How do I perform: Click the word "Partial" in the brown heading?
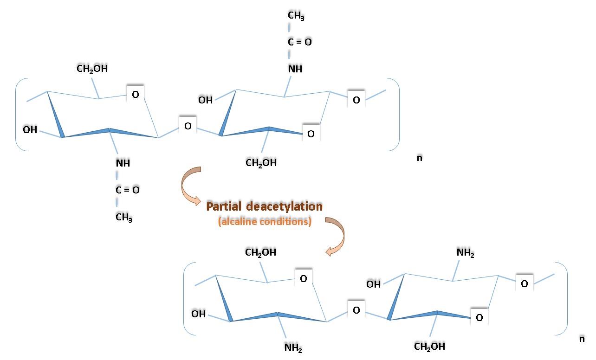point(224,206)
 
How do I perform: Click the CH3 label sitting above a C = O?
point(296,15)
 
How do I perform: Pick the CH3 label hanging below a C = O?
point(124,217)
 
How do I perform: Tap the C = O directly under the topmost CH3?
point(299,42)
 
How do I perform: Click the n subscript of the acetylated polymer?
point(419,158)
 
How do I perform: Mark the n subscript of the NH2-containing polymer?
point(582,339)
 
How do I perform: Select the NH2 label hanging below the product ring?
point(293,347)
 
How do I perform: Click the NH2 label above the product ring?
point(466,252)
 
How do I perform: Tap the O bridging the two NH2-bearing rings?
point(356,310)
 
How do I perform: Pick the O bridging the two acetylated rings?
point(188,126)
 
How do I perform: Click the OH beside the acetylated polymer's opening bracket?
point(30,130)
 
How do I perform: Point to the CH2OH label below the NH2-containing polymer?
point(429,347)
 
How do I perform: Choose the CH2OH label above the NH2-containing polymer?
point(260,252)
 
